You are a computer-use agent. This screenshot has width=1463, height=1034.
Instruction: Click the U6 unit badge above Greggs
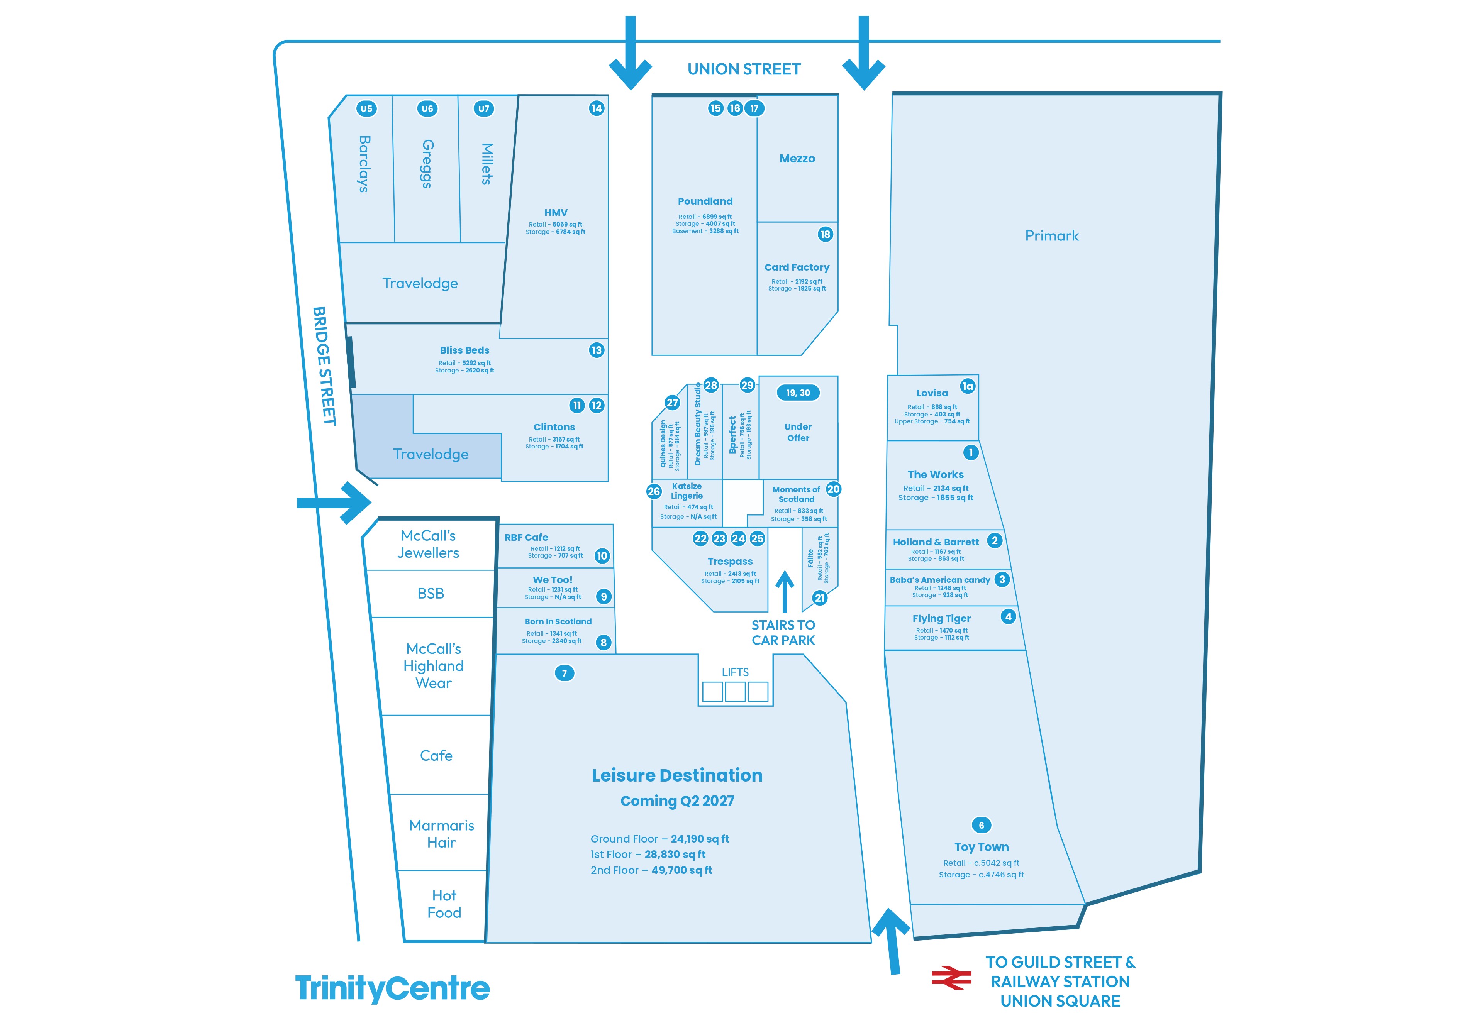click(x=427, y=108)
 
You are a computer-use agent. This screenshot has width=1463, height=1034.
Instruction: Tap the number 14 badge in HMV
click(x=597, y=108)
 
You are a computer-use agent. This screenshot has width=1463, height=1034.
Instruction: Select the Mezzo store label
click(x=797, y=159)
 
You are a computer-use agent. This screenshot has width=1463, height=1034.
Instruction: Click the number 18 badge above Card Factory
click(x=825, y=234)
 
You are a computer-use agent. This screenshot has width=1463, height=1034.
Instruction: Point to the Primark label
click(x=1052, y=236)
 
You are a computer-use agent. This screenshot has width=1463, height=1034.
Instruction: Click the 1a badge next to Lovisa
click(x=968, y=386)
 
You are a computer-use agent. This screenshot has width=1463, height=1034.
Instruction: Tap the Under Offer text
click(x=798, y=433)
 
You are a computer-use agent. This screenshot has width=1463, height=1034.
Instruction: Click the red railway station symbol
click(x=951, y=978)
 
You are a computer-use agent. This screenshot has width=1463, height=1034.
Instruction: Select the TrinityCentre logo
click(x=393, y=989)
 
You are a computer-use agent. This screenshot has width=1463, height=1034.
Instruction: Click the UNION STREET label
click(x=744, y=69)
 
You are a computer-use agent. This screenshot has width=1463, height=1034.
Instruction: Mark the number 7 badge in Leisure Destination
click(x=565, y=674)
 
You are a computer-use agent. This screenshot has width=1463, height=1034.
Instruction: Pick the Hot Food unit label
click(x=444, y=904)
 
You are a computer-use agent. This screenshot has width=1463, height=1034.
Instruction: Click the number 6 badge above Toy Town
click(x=981, y=825)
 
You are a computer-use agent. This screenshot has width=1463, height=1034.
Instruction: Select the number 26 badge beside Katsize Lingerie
click(x=654, y=491)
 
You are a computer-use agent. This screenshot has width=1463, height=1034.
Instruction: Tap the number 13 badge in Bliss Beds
click(x=597, y=350)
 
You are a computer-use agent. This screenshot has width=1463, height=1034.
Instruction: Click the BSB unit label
click(x=431, y=594)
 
